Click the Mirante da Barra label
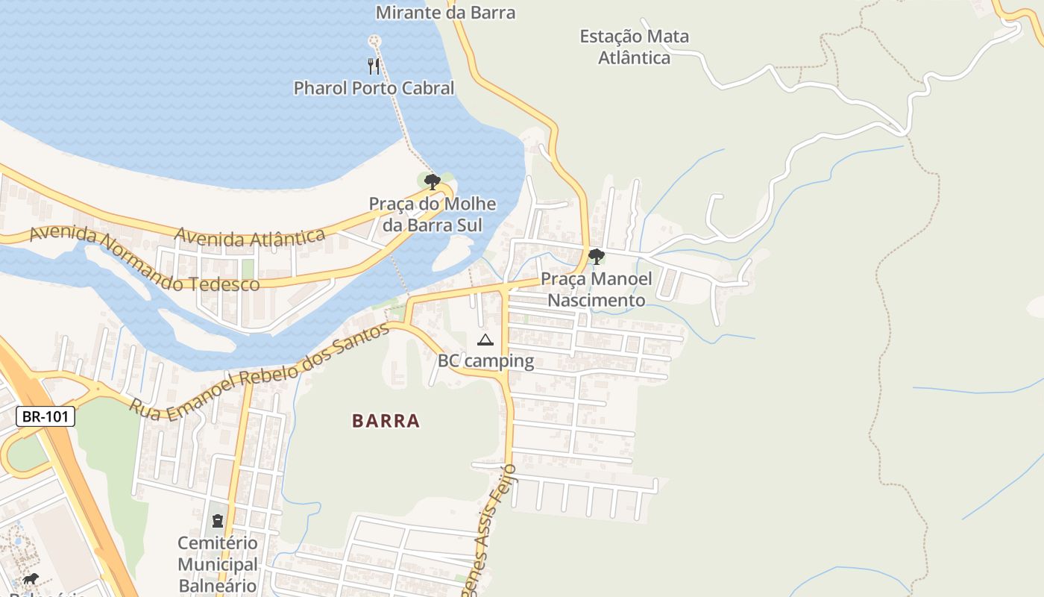[x=445, y=13]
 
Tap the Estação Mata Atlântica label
[x=635, y=46]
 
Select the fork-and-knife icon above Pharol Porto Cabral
[x=374, y=66]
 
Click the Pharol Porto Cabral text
[x=374, y=88]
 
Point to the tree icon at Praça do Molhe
[x=432, y=181]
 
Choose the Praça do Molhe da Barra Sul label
[x=433, y=214]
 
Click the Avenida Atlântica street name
[x=250, y=237]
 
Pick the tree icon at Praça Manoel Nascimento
[x=596, y=257]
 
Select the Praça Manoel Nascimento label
[x=597, y=290]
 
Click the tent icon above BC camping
[x=485, y=340]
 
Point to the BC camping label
[x=485, y=361]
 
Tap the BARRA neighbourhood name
[x=386, y=421]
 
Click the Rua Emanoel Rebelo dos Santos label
[x=260, y=373]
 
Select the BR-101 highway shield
[x=45, y=416]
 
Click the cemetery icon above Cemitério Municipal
[x=218, y=520]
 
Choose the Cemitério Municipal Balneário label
[x=218, y=564]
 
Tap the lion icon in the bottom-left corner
[x=30, y=579]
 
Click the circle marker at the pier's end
[x=374, y=40]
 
